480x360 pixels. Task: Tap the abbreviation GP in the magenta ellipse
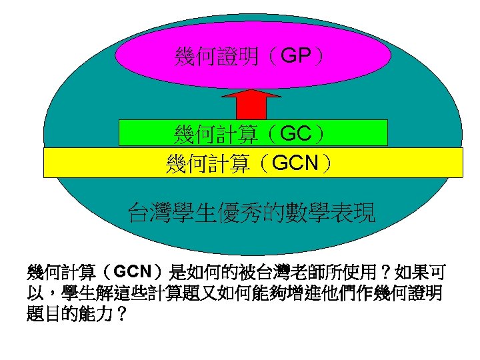click(x=295, y=56)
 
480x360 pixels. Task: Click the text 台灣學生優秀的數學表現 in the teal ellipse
click(x=251, y=213)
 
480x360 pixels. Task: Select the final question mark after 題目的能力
click(x=121, y=313)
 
